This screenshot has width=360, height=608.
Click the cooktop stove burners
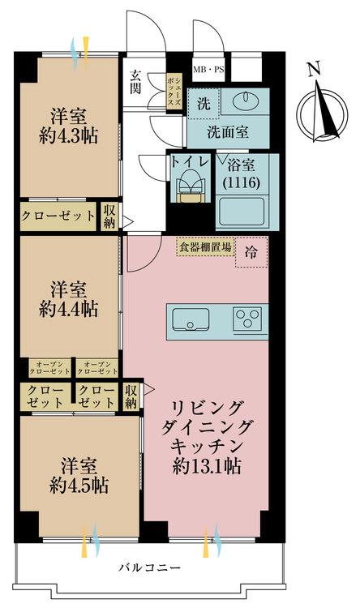251,319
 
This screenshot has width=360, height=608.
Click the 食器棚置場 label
206,246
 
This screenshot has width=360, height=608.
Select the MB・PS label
209,68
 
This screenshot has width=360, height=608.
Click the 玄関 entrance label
135,82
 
